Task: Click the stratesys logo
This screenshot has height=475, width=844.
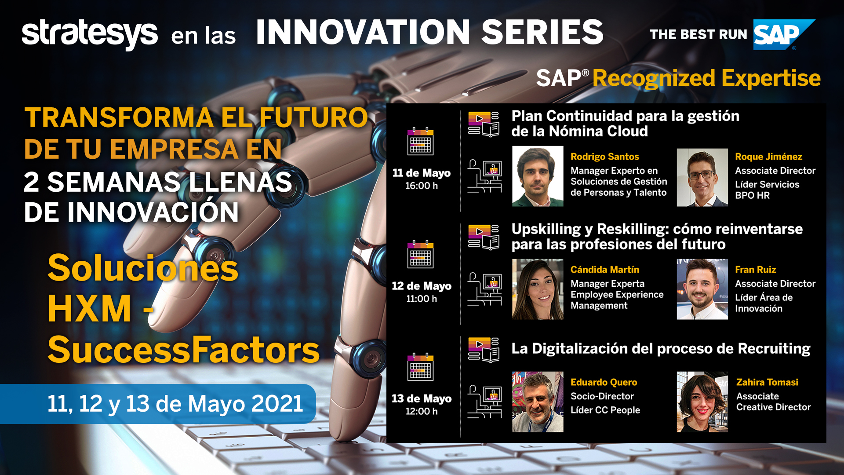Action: click(x=90, y=34)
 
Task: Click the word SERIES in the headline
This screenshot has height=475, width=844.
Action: click(x=542, y=32)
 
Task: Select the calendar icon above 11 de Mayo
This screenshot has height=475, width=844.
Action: click(x=420, y=141)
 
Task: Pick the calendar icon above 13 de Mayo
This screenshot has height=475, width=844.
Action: click(x=420, y=367)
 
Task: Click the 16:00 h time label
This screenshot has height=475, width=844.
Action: click(x=422, y=186)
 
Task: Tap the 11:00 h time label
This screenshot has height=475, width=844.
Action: click(x=422, y=299)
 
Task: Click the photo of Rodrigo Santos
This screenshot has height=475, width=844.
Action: click(x=538, y=176)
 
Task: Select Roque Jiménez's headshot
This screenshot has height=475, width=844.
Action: click(x=702, y=177)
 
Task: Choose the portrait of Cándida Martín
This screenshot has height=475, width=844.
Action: click(x=538, y=289)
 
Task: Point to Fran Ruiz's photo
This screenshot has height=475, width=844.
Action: click(x=702, y=289)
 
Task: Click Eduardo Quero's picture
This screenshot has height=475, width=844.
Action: click(x=538, y=402)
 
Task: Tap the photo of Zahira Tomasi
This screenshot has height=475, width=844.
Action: click(x=702, y=402)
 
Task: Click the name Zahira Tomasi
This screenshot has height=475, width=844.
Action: click(x=767, y=382)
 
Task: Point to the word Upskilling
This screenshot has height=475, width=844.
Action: click(x=546, y=230)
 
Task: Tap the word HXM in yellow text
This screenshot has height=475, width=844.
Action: click(x=90, y=309)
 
